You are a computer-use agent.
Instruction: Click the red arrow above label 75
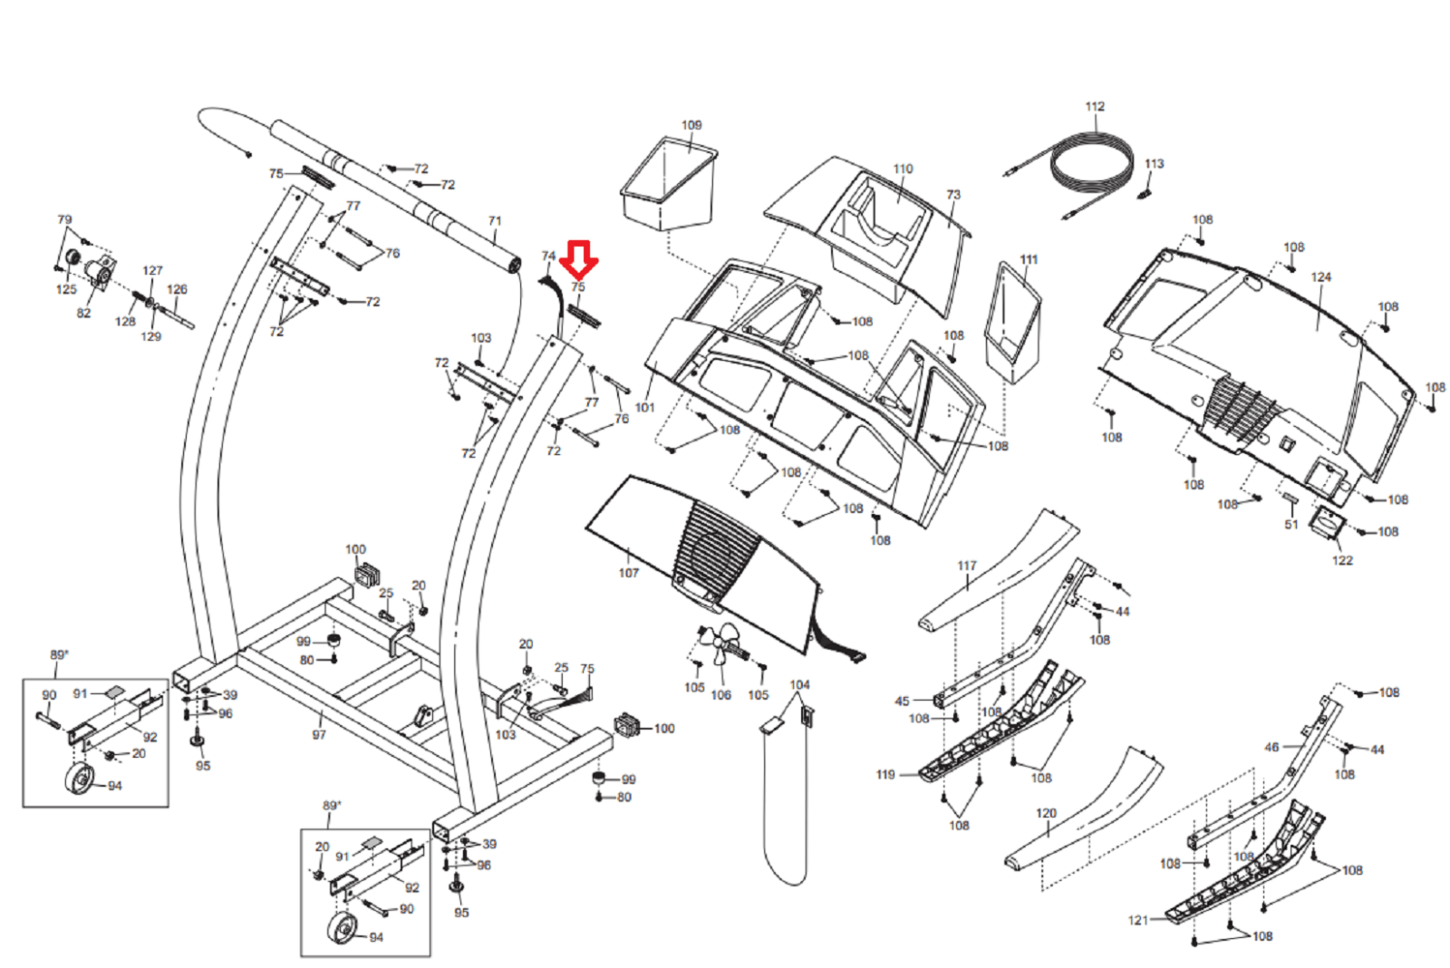point(579,259)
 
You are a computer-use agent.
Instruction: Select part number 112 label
point(1095,106)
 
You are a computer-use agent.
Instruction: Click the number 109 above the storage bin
point(691,125)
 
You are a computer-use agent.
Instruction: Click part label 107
point(629,573)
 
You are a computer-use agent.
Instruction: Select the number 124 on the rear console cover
point(1321,277)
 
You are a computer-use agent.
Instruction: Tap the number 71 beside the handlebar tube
point(495,221)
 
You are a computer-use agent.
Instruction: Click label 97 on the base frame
point(319,735)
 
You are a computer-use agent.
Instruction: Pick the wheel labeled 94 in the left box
point(80,779)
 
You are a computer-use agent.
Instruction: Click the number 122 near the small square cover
point(1342,561)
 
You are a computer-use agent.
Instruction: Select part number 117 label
point(967,566)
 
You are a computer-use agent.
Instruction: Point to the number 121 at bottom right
point(1138,920)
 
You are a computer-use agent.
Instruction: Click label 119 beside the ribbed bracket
point(885,774)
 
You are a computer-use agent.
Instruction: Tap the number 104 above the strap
point(799,684)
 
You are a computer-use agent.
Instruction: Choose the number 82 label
point(83,314)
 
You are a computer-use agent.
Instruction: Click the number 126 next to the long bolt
point(177,289)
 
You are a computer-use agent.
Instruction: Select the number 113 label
point(1155,164)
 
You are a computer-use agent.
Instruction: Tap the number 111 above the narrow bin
point(1029,259)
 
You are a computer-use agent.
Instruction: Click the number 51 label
point(1291,525)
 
